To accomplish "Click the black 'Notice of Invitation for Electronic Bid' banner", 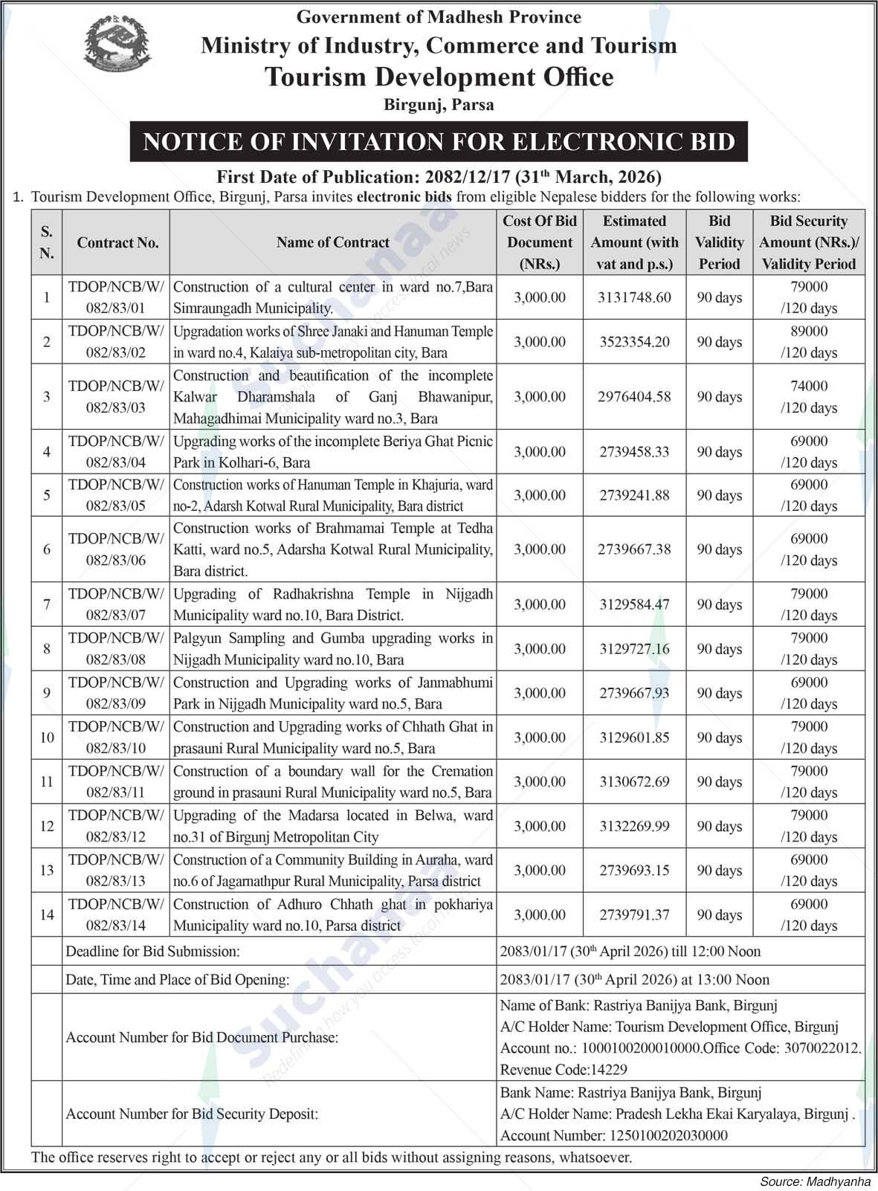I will tap(439, 141).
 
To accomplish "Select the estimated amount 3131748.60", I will tap(634, 297).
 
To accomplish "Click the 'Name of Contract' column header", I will tap(332, 242).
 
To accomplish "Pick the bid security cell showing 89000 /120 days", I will tap(809, 342).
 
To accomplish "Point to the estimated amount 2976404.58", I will tap(634, 397).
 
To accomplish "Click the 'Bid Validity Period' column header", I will tap(719, 242).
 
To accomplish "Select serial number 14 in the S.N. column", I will tap(47, 914).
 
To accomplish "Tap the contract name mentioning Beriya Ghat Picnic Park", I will tap(332, 451).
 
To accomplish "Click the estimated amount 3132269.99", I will tap(634, 826).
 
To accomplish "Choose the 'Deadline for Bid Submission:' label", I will tap(153, 951).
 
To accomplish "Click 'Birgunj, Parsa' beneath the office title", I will tap(439, 105).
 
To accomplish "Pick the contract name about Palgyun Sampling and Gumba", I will tap(332, 648).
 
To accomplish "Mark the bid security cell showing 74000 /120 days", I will tap(809, 397).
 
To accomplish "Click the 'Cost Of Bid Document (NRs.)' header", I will tap(540, 242).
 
